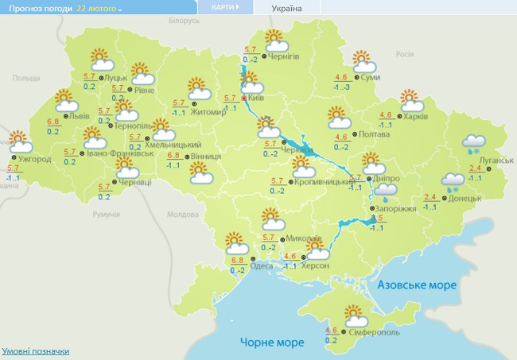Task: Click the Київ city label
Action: [256, 97]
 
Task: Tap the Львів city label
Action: [80, 116]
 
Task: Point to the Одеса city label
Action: [262, 266]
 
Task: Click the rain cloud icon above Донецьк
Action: [453, 184]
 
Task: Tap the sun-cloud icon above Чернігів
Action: [275, 39]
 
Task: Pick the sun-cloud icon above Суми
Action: [363, 60]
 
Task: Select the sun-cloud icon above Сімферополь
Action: [351, 315]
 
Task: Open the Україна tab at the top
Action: [286, 8]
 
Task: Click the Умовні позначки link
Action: [36, 350]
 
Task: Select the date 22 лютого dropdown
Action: [99, 8]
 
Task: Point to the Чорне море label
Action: [272, 343]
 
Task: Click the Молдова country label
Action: [182, 215]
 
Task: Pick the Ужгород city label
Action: [36, 159]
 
